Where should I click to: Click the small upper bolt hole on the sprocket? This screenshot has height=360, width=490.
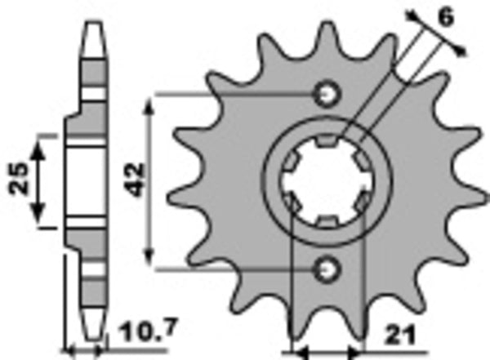point(328,94)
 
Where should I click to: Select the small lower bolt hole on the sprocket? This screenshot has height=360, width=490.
point(328,267)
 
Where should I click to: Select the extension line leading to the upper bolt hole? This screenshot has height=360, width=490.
point(237,95)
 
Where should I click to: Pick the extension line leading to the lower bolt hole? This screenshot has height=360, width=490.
point(237,268)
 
